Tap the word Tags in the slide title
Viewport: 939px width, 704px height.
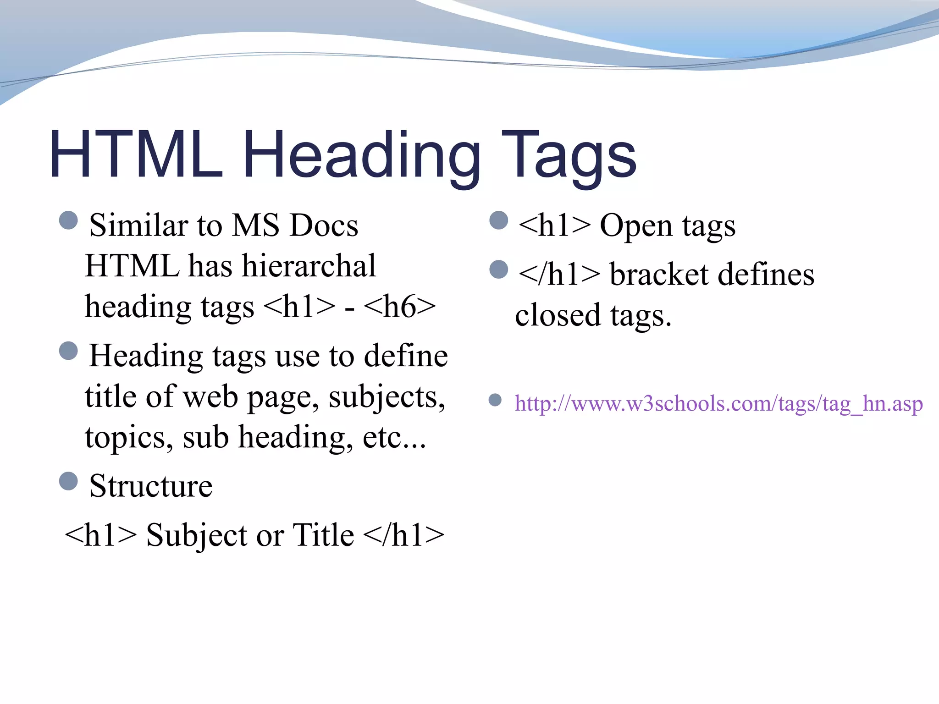coord(569,156)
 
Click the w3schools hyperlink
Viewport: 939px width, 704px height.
coord(718,404)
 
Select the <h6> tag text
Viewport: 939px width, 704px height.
coord(400,307)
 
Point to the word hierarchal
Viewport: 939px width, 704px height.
coord(309,266)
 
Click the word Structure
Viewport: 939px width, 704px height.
coord(151,486)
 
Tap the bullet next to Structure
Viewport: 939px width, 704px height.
coord(69,481)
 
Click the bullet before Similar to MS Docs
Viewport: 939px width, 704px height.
coord(69,220)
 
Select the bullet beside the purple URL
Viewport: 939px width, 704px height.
coord(495,400)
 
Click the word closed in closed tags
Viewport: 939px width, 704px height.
coord(558,315)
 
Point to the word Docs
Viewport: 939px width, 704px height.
coord(324,226)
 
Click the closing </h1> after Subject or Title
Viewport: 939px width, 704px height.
coord(403,535)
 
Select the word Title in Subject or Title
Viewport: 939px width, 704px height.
coord(323,535)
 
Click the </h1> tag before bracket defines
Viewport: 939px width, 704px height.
coord(559,275)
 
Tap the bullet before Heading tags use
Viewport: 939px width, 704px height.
coord(69,351)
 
